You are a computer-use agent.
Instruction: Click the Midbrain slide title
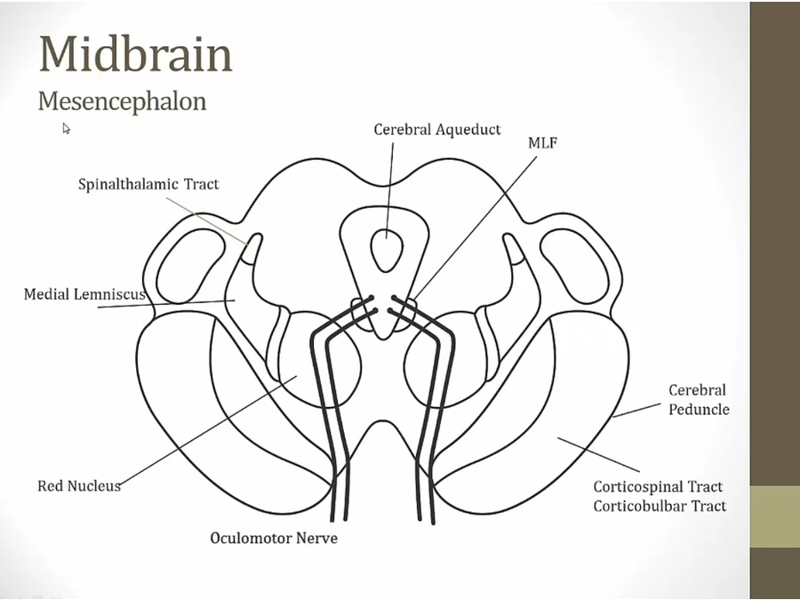click(x=135, y=54)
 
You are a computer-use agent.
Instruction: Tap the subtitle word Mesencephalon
click(x=122, y=100)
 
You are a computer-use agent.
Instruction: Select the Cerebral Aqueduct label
click(x=436, y=130)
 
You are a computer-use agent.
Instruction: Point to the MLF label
click(x=542, y=142)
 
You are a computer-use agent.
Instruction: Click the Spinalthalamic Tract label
click(x=148, y=184)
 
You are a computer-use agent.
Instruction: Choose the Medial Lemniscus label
click(x=84, y=293)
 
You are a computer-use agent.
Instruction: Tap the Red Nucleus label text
click(x=78, y=486)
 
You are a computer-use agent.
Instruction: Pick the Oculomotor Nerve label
click(x=274, y=538)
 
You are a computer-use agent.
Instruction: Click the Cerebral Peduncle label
click(x=699, y=400)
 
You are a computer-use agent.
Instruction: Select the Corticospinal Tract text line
click(x=658, y=487)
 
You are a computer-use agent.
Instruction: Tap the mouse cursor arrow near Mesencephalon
click(x=66, y=129)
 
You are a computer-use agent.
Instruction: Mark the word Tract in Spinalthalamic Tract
click(x=202, y=184)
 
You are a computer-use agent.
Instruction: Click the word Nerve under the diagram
click(x=317, y=538)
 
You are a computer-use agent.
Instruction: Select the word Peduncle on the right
click(x=699, y=410)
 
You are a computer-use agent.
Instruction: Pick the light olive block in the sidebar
click(x=774, y=516)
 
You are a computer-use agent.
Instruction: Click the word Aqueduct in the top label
click(x=468, y=130)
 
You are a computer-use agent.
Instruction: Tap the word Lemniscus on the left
click(x=113, y=293)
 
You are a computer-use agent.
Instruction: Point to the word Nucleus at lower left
click(x=94, y=486)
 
